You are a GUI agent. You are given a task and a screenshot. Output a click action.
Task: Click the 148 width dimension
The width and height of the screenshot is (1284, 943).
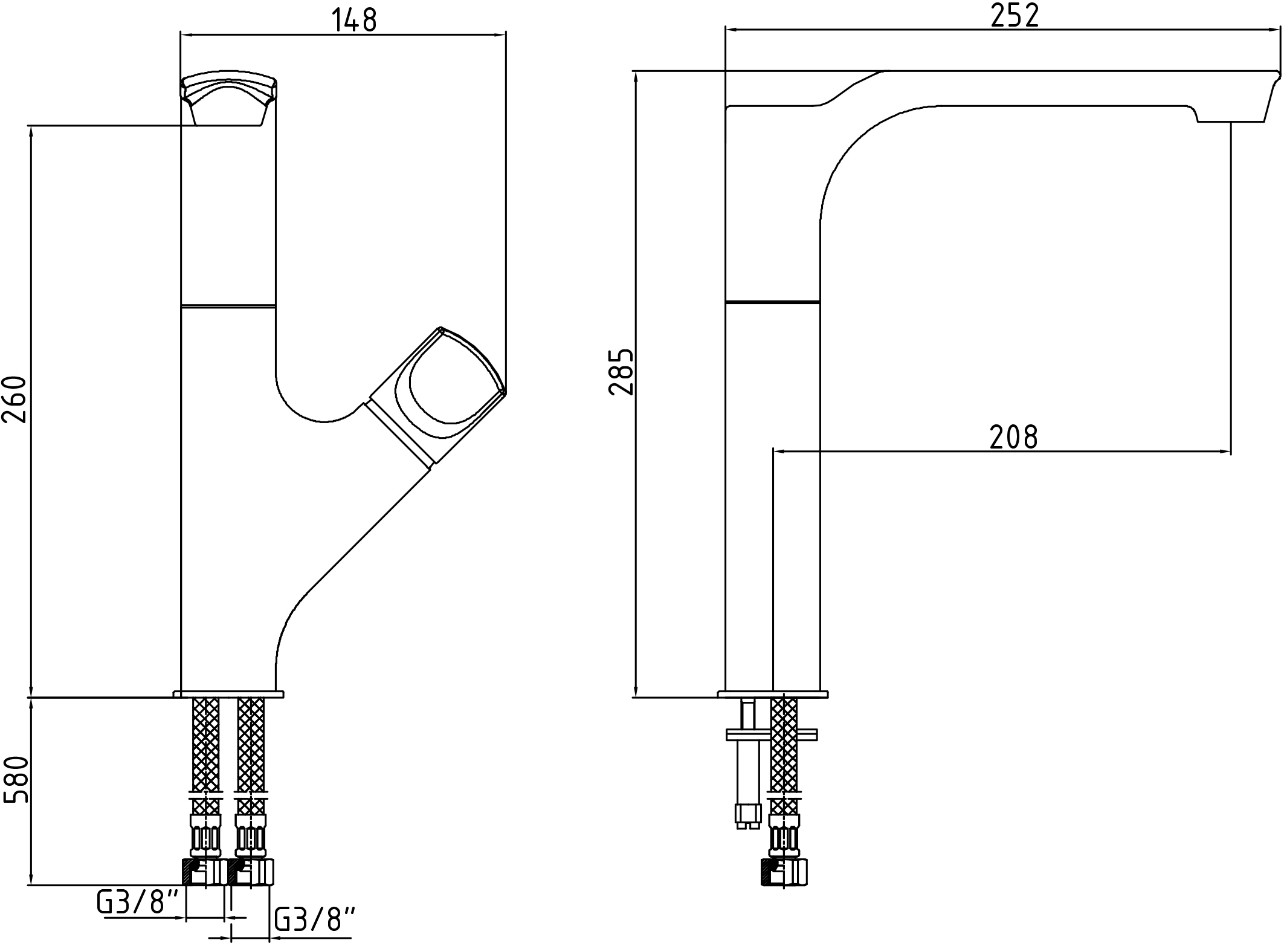354,20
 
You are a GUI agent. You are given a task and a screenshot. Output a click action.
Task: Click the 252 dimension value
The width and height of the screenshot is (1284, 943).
1015,16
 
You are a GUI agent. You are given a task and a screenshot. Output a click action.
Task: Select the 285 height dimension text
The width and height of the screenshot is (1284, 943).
622,372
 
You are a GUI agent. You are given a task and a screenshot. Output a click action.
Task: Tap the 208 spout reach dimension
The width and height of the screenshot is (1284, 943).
1014,437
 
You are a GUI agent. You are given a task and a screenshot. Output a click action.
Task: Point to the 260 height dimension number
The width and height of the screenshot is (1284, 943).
15,399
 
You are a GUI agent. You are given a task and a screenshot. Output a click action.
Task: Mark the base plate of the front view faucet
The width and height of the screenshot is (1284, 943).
228,693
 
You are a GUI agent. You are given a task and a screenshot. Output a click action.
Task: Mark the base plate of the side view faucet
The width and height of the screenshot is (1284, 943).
773,693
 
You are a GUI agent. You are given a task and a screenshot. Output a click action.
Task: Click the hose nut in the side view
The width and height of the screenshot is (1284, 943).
784,872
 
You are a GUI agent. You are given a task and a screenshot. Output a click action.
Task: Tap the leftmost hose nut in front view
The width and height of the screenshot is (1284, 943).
205,872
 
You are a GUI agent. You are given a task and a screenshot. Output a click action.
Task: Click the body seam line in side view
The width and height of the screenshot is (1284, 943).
772,302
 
